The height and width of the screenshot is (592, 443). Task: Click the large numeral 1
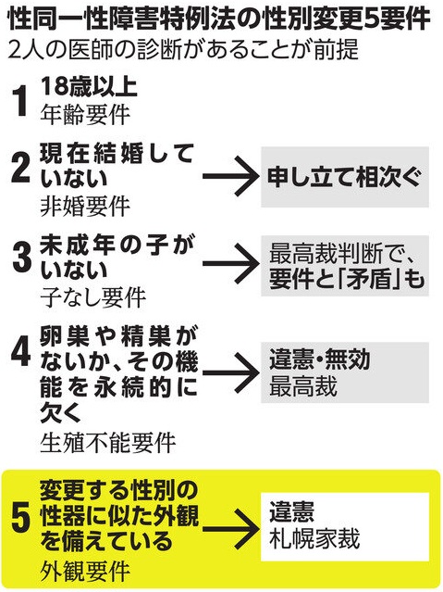point(19,101)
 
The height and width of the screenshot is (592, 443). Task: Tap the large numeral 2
point(20,169)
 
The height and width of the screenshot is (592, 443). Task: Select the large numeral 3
point(21,258)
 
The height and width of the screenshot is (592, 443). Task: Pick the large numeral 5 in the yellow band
point(21,521)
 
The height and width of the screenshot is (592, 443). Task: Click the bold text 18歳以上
point(89,87)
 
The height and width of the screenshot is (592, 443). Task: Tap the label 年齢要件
point(86,115)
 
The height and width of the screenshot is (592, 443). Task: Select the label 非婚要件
point(86,207)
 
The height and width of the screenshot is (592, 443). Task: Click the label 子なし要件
point(93,298)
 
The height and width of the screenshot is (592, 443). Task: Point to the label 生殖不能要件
point(108,443)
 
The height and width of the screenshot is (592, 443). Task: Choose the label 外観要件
point(86,572)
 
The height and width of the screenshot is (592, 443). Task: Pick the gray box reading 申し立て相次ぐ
point(345,177)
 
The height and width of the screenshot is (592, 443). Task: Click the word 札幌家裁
point(314,539)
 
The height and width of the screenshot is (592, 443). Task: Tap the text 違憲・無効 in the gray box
point(320,359)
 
